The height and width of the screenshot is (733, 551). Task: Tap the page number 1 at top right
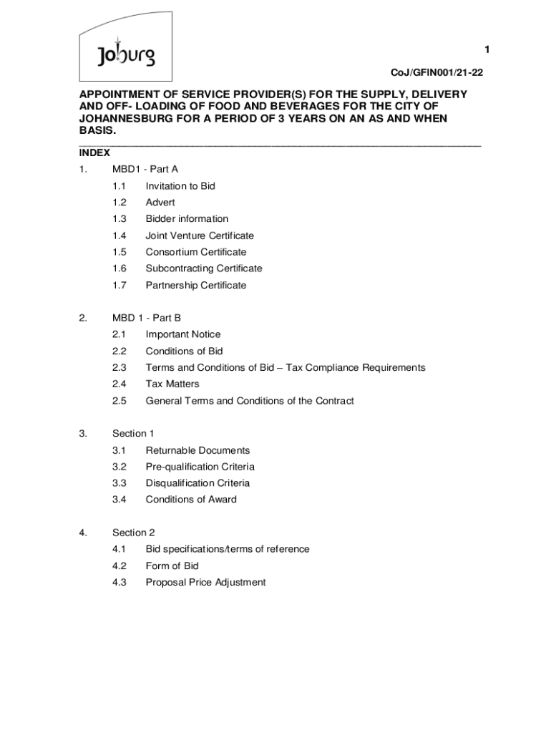[487, 49]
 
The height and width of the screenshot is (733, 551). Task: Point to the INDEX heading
[94, 152]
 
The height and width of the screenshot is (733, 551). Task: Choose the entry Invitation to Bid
[180, 186]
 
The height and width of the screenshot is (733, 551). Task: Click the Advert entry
[160, 203]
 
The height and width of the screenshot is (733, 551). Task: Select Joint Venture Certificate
[200, 236]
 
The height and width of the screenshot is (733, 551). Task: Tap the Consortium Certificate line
[195, 252]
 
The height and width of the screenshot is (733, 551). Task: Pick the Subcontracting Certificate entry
[204, 268]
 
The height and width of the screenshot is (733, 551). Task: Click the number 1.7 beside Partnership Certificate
[119, 285]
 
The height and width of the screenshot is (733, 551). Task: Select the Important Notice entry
[183, 334]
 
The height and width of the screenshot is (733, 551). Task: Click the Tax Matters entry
[172, 384]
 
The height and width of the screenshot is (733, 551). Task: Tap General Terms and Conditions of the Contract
[250, 401]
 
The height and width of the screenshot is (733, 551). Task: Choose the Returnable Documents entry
[198, 450]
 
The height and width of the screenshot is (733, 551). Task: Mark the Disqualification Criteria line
[198, 483]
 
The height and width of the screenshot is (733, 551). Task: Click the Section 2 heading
[133, 533]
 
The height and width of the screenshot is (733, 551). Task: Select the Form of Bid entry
[172, 565]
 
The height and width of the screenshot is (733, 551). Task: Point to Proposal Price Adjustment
[205, 582]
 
